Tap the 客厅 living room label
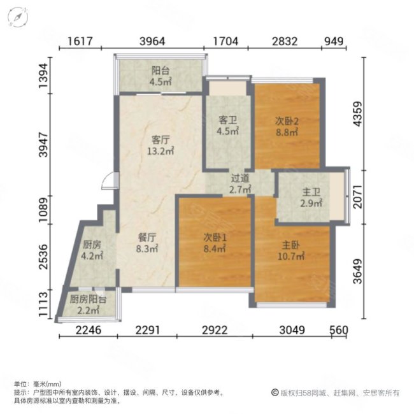click(x=160, y=139)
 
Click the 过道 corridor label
click(x=240, y=180)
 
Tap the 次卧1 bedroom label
click(x=215, y=237)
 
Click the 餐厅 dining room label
click(x=147, y=237)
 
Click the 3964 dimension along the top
click(x=152, y=42)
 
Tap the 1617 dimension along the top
click(x=80, y=42)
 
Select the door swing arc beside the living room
click(x=109, y=182)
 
